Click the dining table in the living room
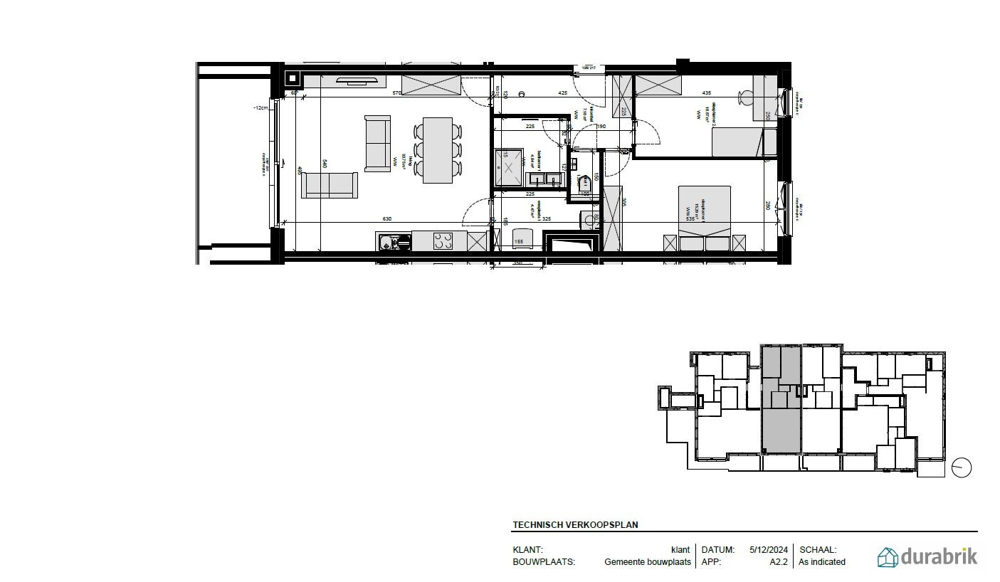[x=438, y=150]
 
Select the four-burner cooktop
[x=443, y=242]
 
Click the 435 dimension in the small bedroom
[x=707, y=93]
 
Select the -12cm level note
[x=260, y=107]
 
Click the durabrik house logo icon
[x=888, y=557]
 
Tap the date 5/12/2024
[x=768, y=550]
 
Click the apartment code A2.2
[x=778, y=562]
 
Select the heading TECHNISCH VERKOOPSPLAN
[x=575, y=525]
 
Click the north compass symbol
[x=962, y=467]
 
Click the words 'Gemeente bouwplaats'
[x=648, y=562]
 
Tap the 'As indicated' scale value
[x=822, y=562]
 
